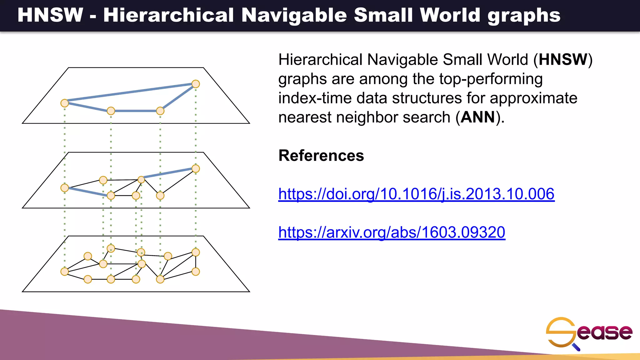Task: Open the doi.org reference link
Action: tap(416, 194)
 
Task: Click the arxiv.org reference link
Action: tap(392, 232)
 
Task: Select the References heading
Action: tap(321, 156)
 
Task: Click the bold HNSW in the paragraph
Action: tap(563, 59)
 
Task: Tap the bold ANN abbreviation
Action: tap(478, 117)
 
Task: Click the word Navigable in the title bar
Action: tap(294, 15)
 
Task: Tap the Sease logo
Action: tap(589, 333)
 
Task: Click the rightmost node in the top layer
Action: tap(196, 84)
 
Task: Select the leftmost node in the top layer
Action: tap(65, 103)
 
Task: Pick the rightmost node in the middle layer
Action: tap(196, 169)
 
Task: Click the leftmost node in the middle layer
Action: tap(65, 188)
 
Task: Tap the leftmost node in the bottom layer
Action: tap(65, 272)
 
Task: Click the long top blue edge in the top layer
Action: tap(130, 92)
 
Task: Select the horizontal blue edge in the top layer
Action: tap(135, 111)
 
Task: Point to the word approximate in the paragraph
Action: tap(533, 98)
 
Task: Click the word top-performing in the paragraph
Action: tap(491, 79)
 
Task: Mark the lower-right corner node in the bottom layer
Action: tap(196, 272)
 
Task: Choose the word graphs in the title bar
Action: tap(524, 15)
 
